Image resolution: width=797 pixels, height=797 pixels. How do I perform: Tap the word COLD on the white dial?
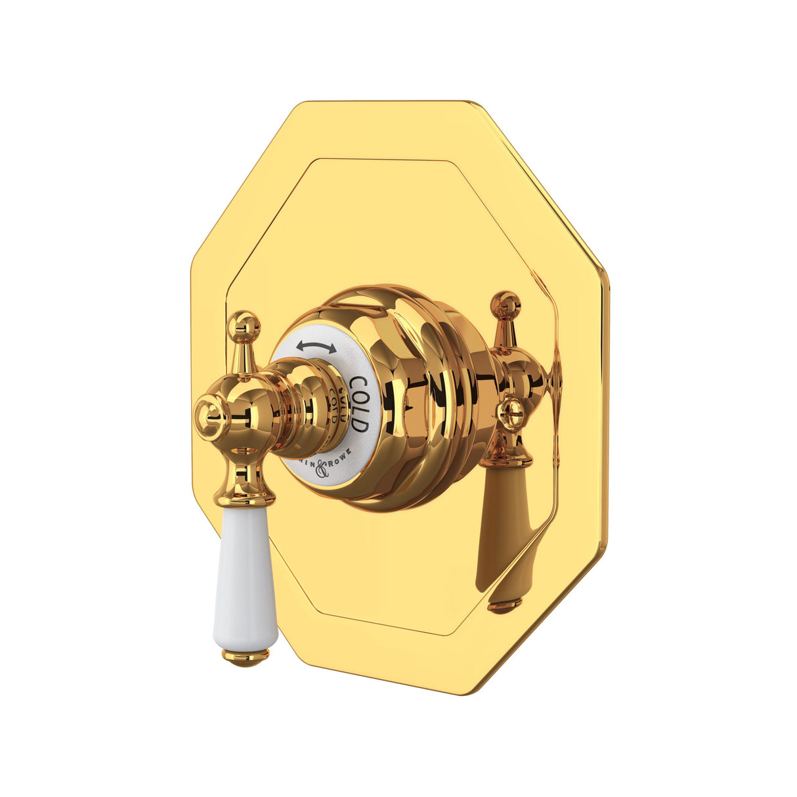tap(358, 404)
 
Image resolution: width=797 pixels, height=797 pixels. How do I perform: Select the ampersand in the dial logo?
tap(322, 468)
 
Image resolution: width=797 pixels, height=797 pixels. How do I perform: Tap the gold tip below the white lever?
tap(246, 655)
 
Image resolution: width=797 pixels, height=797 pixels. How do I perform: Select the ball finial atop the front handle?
tap(244, 324)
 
